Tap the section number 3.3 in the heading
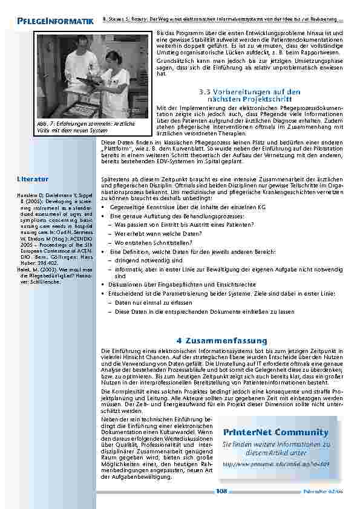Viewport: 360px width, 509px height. pyautogui.click(x=206, y=91)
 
